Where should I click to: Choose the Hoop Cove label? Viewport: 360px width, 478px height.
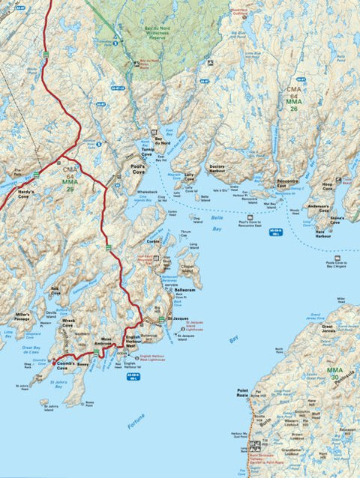(327, 184)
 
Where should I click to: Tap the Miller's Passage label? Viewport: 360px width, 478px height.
(21, 316)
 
